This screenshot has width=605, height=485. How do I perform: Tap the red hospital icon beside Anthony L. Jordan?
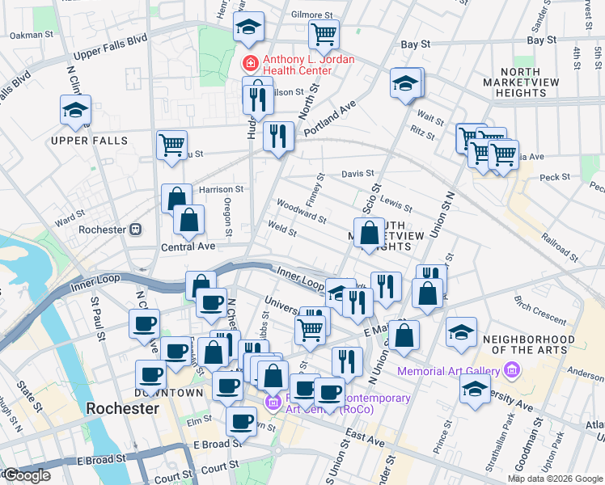point(251,61)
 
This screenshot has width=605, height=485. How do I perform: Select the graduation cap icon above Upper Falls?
point(75,111)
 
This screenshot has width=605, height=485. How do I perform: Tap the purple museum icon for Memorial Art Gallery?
point(510,371)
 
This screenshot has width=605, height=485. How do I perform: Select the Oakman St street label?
point(31,35)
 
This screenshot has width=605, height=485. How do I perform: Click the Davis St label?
point(357,173)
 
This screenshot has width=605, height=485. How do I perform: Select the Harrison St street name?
point(216,189)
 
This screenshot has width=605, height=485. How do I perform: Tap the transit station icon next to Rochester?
point(136,229)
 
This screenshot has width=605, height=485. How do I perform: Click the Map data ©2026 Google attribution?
point(554,478)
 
